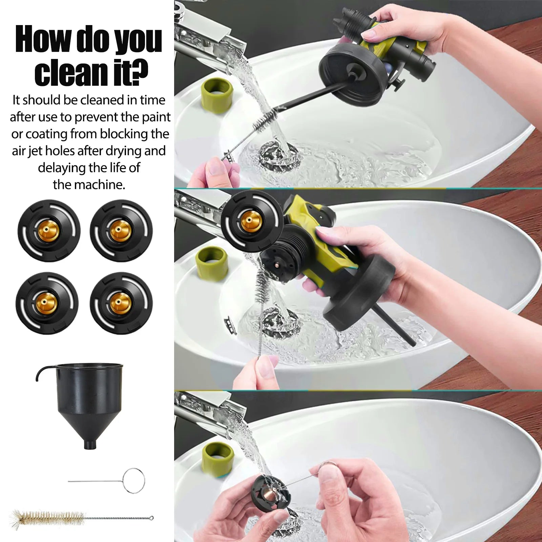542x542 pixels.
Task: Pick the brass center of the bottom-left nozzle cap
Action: (46, 303)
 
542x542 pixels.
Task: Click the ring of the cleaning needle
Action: (134, 480)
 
